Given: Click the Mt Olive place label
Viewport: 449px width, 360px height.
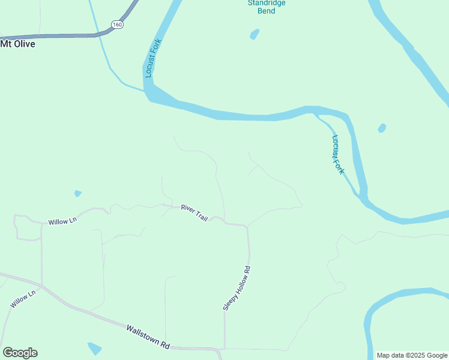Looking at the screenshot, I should click(17, 44).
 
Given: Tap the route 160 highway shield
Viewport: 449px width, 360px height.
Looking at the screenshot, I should click(116, 25).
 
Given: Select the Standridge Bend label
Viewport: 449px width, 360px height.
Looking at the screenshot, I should click(267, 7).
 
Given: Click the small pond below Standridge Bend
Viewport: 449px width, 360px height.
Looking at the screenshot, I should click(254, 34).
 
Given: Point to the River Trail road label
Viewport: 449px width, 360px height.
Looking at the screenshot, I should click(194, 213).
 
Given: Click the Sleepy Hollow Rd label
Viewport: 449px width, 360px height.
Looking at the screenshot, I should click(236, 288).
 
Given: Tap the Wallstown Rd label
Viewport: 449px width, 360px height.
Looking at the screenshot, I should click(148, 337).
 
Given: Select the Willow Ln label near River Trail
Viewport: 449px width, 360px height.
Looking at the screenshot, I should click(63, 221).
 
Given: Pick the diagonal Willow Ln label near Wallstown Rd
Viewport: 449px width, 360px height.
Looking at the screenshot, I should click(23, 299).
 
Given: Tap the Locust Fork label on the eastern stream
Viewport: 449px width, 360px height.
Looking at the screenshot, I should click(338, 154).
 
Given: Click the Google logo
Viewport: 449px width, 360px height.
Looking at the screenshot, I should click(20, 353).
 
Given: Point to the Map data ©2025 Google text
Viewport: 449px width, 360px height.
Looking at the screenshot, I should click(412, 355).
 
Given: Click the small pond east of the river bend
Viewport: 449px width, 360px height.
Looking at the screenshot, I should click(381, 128).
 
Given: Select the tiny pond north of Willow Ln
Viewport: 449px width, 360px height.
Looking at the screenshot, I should click(77, 194).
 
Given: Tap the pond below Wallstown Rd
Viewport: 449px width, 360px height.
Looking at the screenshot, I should click(95, 348).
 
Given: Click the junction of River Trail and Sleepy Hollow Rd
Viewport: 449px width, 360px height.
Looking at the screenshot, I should click(247, 227).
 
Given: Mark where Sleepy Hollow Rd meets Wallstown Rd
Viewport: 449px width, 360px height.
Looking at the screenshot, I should click(224, 349).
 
